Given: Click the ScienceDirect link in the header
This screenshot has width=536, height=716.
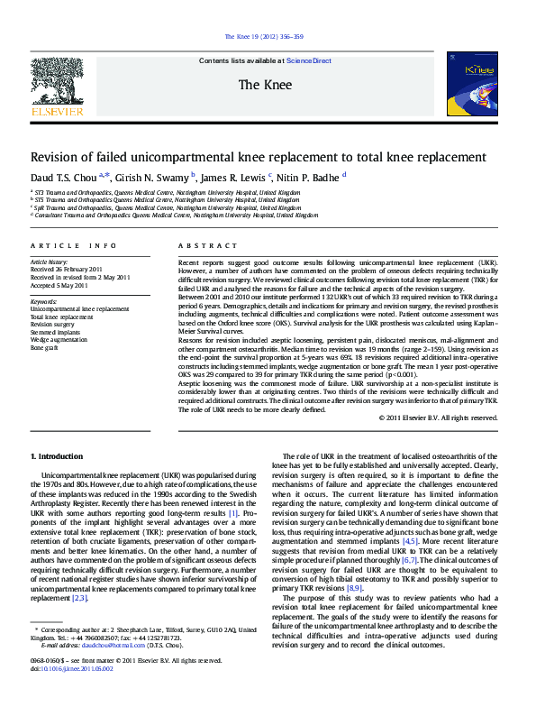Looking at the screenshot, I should click(x=309, y=61).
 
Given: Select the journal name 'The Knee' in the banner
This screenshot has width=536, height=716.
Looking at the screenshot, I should click(x=264, y=85).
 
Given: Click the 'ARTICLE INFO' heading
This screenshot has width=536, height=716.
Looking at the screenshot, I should click(x=74, y=245).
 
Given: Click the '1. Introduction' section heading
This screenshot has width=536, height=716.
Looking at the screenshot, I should click(x=57, y=458).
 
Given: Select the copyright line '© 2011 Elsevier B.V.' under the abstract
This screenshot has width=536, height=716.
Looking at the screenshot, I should click(x=438, y=418).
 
